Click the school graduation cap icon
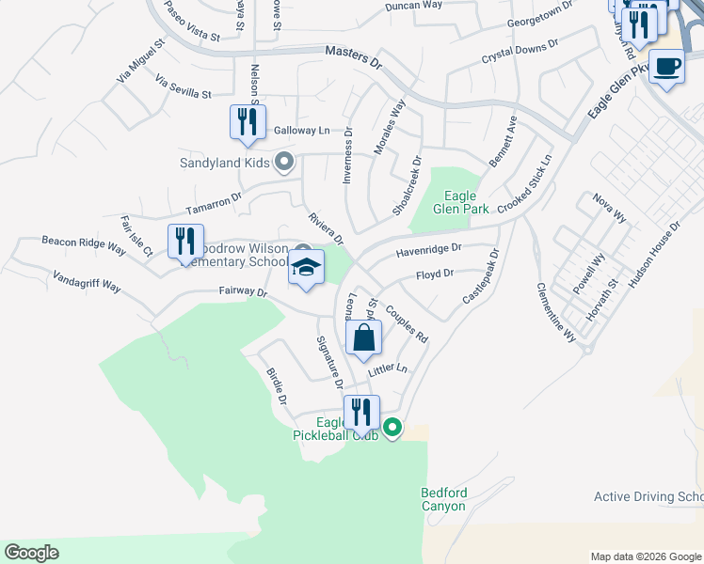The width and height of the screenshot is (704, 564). [307, 269]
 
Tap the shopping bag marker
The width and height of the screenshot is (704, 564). [363, 339]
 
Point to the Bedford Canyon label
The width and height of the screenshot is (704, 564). [443, 499]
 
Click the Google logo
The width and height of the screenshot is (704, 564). [31, 553]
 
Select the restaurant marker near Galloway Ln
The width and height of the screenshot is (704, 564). [248, 123]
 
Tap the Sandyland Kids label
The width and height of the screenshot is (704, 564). [225, 163]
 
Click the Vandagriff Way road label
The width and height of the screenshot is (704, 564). [87, 282]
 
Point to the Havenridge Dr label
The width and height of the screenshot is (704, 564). [428, 250]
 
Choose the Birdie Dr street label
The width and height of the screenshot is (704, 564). [276, 386]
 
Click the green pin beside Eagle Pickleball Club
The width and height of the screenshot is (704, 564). [392, 429]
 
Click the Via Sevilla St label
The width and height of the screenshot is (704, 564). [184, 89]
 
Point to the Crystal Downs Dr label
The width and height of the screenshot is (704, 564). [520, 50]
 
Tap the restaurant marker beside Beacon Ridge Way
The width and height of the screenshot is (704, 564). [185, 241]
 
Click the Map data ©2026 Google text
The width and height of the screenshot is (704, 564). [646, 556]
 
